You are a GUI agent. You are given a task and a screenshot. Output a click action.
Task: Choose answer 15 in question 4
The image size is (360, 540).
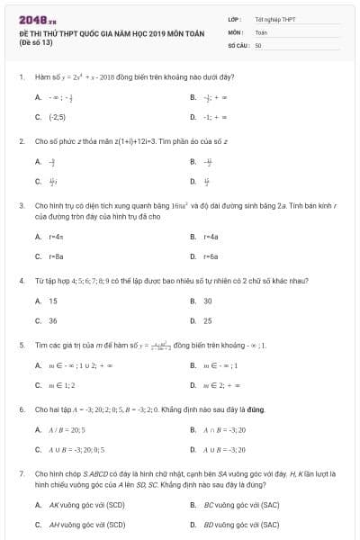53,301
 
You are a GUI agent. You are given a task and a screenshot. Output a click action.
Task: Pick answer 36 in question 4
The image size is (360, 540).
53,320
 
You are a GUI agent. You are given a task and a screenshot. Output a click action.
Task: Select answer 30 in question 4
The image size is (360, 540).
208,301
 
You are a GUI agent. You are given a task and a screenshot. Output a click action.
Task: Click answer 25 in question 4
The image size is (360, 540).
208,320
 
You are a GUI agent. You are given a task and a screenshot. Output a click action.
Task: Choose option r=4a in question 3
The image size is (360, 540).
211,237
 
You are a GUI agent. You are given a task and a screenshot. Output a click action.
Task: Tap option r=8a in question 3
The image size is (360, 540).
56,256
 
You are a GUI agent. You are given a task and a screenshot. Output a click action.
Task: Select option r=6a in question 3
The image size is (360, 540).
211,256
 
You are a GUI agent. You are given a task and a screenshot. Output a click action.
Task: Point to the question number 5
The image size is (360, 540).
21,345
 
